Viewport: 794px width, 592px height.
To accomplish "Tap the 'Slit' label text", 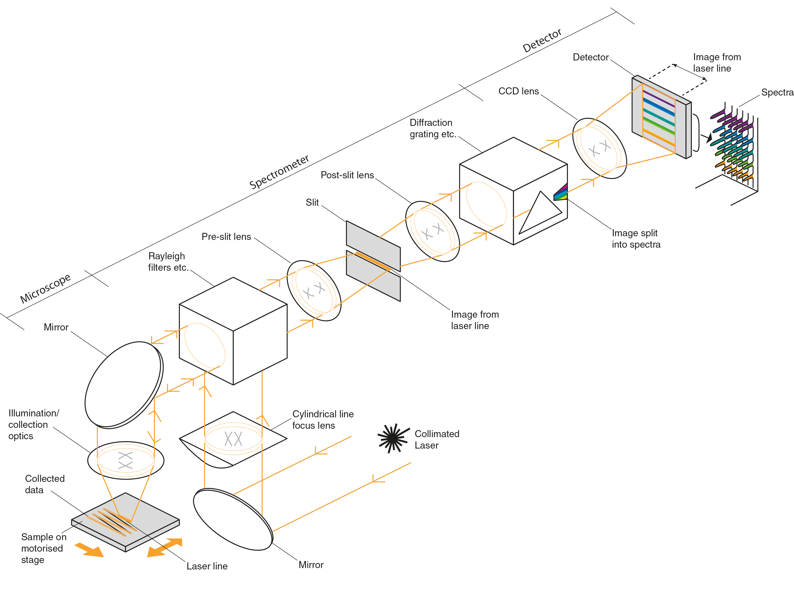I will [312, 203].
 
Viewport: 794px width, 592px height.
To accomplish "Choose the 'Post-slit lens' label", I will [347, 175].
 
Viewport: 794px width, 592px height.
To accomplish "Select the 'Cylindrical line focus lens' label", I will [323, 420].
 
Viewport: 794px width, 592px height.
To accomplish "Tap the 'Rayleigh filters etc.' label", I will [168, 262].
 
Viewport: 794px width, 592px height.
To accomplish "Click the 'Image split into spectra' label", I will [636, 239].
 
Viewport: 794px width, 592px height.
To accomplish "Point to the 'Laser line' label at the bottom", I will [207, 566].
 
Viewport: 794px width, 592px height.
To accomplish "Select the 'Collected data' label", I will [45, 484].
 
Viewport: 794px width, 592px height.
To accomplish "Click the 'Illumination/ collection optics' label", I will [33, 425].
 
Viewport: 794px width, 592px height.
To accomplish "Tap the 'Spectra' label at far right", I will [777, 92].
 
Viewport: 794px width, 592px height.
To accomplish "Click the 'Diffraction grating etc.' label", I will [433, 128].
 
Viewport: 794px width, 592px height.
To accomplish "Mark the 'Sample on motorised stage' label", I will [43, 548].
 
